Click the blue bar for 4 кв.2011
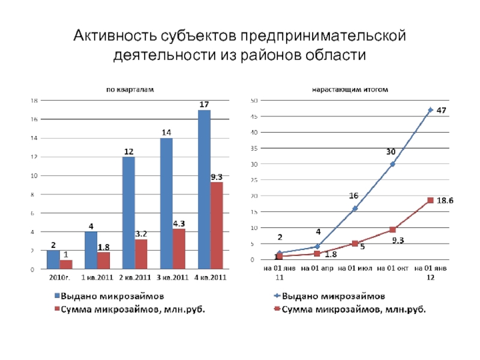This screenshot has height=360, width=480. (204, 190)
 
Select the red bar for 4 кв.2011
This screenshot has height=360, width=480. (217, 226)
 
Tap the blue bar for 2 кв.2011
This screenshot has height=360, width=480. (128, 213)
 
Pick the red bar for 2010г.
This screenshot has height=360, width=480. (66, 265)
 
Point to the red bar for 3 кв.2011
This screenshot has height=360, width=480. (179, 249)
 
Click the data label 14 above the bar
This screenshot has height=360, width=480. (166, 132)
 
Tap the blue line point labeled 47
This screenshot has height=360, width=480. (430, 110)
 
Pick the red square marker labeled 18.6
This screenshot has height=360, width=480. (430, 200)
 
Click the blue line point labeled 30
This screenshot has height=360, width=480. (392, 164)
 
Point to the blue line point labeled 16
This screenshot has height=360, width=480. (355, 208)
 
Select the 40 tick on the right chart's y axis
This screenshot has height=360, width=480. (254, 132)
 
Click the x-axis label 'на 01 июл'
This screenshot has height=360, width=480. (355, 268)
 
